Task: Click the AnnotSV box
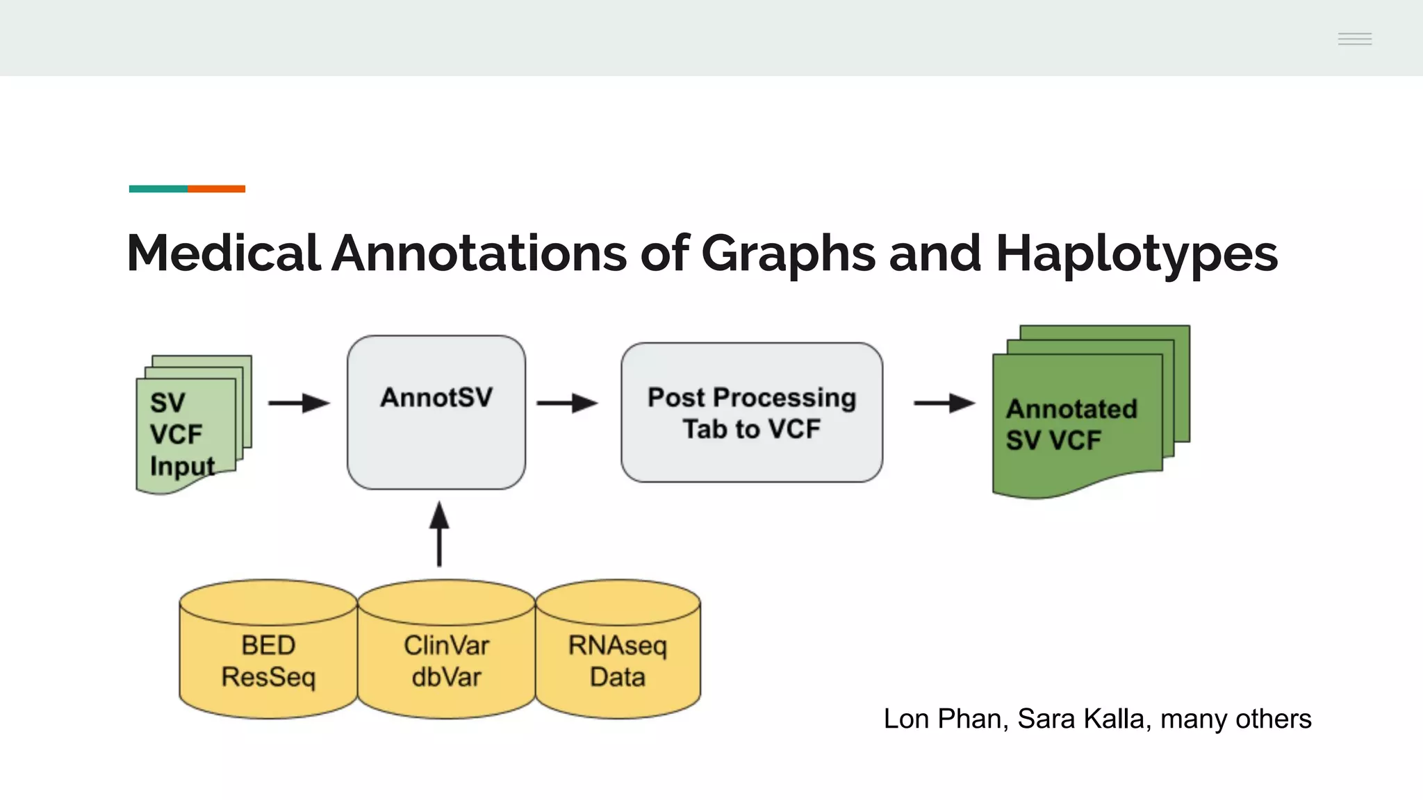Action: coord(436,412)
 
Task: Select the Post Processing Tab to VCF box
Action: coord(752,412)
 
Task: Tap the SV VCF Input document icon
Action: coord(188,431)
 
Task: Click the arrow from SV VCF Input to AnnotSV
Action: coord(299,403)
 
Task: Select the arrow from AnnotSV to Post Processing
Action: coord(567,403)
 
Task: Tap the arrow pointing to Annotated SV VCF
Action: coord(944,403)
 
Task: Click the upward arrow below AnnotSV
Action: coord(439,535)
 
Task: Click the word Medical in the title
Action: coord(224,253)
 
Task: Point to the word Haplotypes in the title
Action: coord(1136,253)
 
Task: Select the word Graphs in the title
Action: coord(789,253)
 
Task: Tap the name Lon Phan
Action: coord(942,719)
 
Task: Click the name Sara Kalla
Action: coord(1080,719)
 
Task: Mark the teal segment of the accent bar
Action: coord(158,189)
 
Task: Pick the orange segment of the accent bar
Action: coord(216,189)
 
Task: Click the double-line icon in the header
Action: coord(1355,39)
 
